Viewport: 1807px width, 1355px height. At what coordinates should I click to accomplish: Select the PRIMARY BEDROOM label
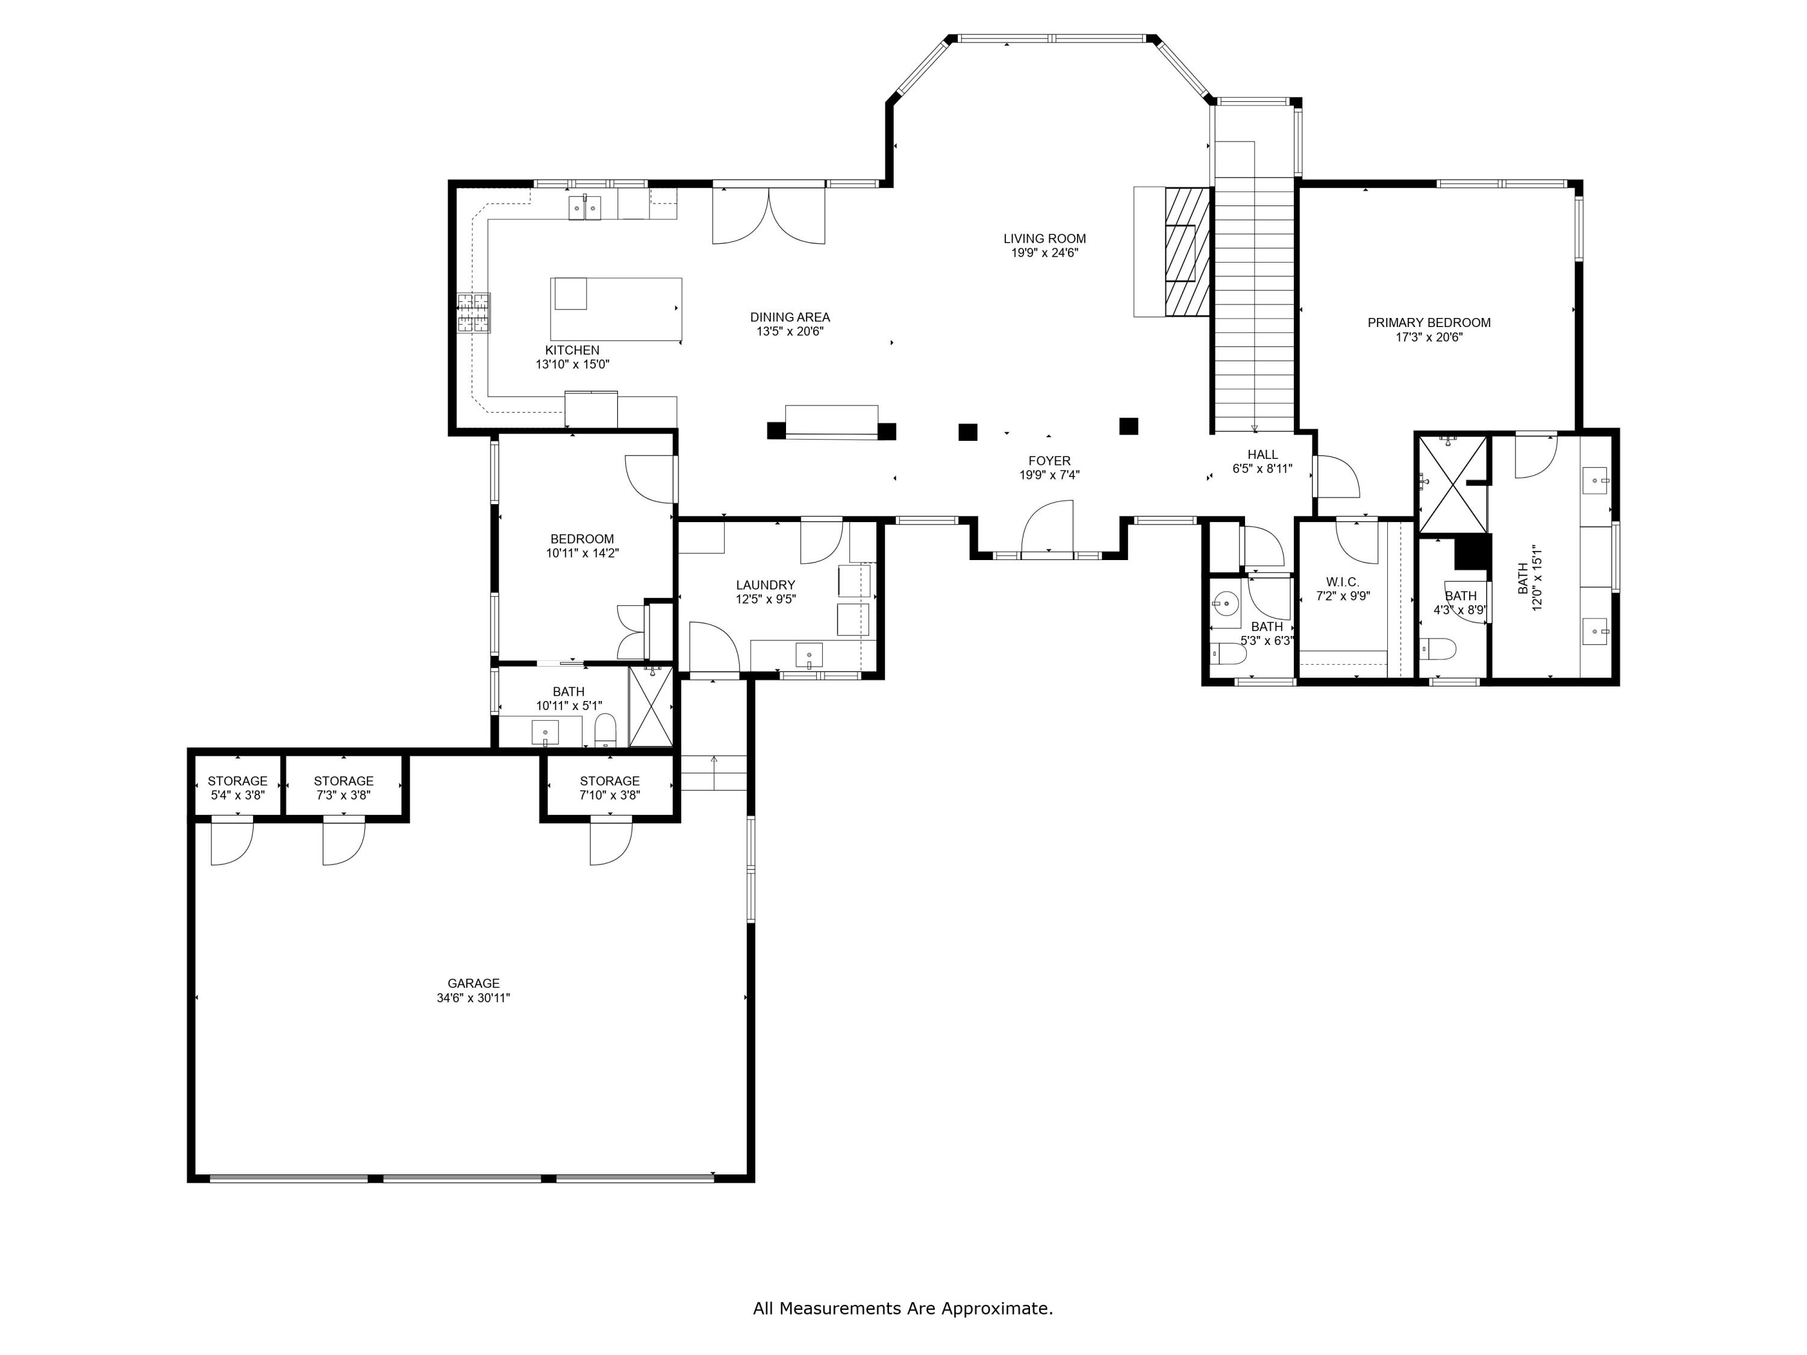click(1429, 323)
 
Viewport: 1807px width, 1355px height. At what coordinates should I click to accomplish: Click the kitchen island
click(616, 309)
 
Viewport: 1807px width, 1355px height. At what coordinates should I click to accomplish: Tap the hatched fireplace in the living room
click(1186, 252)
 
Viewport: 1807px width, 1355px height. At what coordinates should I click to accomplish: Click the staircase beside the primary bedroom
click(1253, 302)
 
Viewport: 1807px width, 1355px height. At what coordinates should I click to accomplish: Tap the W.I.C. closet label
click(1342, 582)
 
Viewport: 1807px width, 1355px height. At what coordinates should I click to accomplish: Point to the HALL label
click(1262, 455)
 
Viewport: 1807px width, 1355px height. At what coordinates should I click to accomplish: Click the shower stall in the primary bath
click(1452, 484)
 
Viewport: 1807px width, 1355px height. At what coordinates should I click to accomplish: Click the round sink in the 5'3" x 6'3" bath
click(1225, 605)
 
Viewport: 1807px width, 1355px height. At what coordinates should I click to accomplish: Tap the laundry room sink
click(809, 655)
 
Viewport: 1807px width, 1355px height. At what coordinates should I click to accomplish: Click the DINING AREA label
click(789, 317)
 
